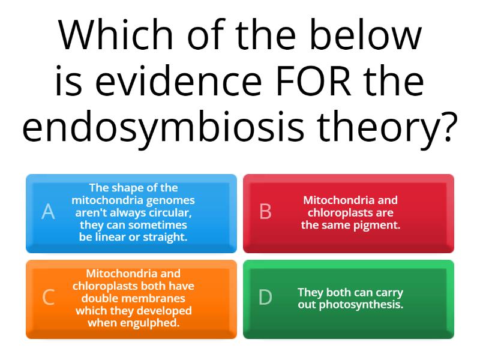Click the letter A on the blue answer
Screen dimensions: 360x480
click(48, 212)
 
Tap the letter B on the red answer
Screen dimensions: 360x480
click(265, 212)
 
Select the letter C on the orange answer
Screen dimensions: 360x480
click(49, 297)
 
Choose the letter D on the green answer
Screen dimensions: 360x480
click(265, 297)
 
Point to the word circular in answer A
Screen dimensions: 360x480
click(171, 212)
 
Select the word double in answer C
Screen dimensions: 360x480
click(98, 298)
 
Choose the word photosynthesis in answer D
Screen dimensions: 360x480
click(368, 304)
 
